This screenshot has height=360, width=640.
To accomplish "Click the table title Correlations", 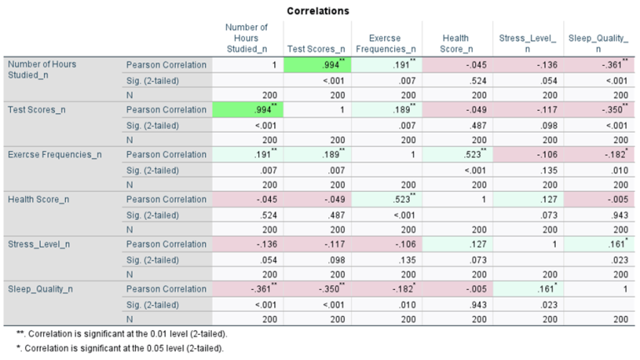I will [x=317, y=11].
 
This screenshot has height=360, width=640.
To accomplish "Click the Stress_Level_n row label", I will [x=38, y=244].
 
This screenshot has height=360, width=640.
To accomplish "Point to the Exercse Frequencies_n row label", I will [x=53, y=154].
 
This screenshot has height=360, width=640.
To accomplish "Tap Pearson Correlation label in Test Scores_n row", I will [x=165, y=109].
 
